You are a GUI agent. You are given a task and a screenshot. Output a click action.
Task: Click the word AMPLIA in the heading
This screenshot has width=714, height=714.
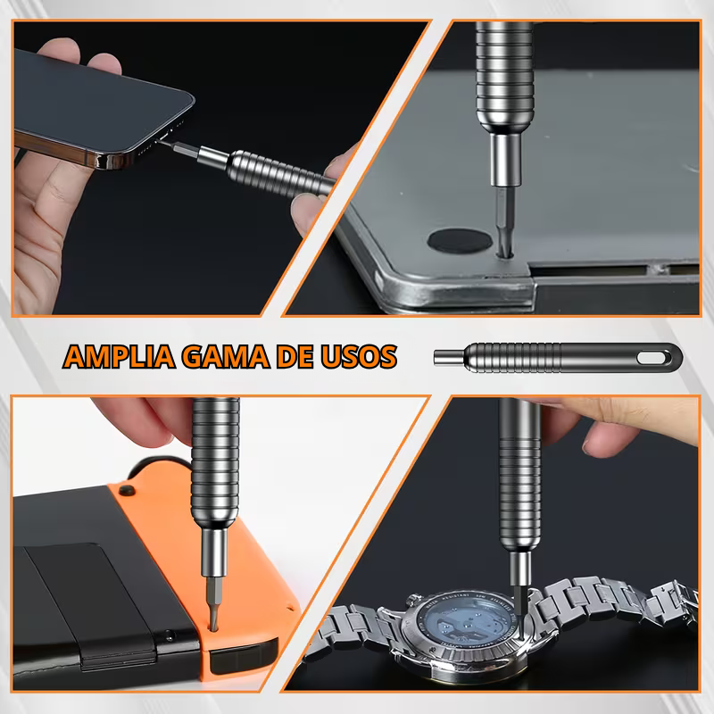pyautogui.click(x=120, y=356)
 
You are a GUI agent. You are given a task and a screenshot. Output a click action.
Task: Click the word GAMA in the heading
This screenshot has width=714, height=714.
pyautogui.click(x=226, y=356)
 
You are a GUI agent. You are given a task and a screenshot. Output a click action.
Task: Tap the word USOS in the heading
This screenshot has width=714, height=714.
pyautogui.click(x=359, y=356)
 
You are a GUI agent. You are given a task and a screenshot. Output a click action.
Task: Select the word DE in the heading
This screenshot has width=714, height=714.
pyautogui.click(x=295, y=356)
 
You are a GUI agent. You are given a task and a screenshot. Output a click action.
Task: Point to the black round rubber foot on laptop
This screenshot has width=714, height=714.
pyautogui.click(x=460, y=241)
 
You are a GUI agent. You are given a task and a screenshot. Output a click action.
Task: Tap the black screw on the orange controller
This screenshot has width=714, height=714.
pyautogui.click(x=126, y=490)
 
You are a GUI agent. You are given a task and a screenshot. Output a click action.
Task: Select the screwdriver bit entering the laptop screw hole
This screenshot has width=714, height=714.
pyautogui.click(x=505, y=220)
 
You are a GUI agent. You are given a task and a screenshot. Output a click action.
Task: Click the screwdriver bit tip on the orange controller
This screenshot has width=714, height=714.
pyautogui.click(x=213, y=628)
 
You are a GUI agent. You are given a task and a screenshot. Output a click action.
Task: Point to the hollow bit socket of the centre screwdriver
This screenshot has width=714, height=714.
pyautogui.click(x=449, y=358)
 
